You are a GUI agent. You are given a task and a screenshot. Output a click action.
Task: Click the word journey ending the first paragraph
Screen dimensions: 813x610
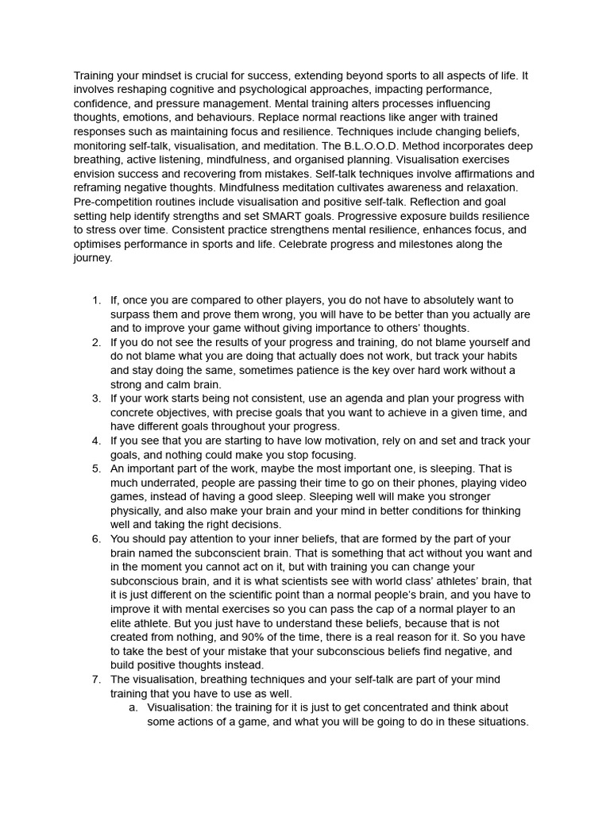point(93,258)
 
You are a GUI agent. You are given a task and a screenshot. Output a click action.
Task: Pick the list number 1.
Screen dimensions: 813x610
point(96,301)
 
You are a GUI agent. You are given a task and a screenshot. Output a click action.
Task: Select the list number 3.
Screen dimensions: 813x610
point(96,399)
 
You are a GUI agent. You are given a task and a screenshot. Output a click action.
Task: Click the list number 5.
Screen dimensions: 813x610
point(96,469)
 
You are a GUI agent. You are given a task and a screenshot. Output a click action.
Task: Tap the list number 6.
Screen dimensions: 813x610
point(96,539)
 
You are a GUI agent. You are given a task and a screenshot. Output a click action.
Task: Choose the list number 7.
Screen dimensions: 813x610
point(96,680)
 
